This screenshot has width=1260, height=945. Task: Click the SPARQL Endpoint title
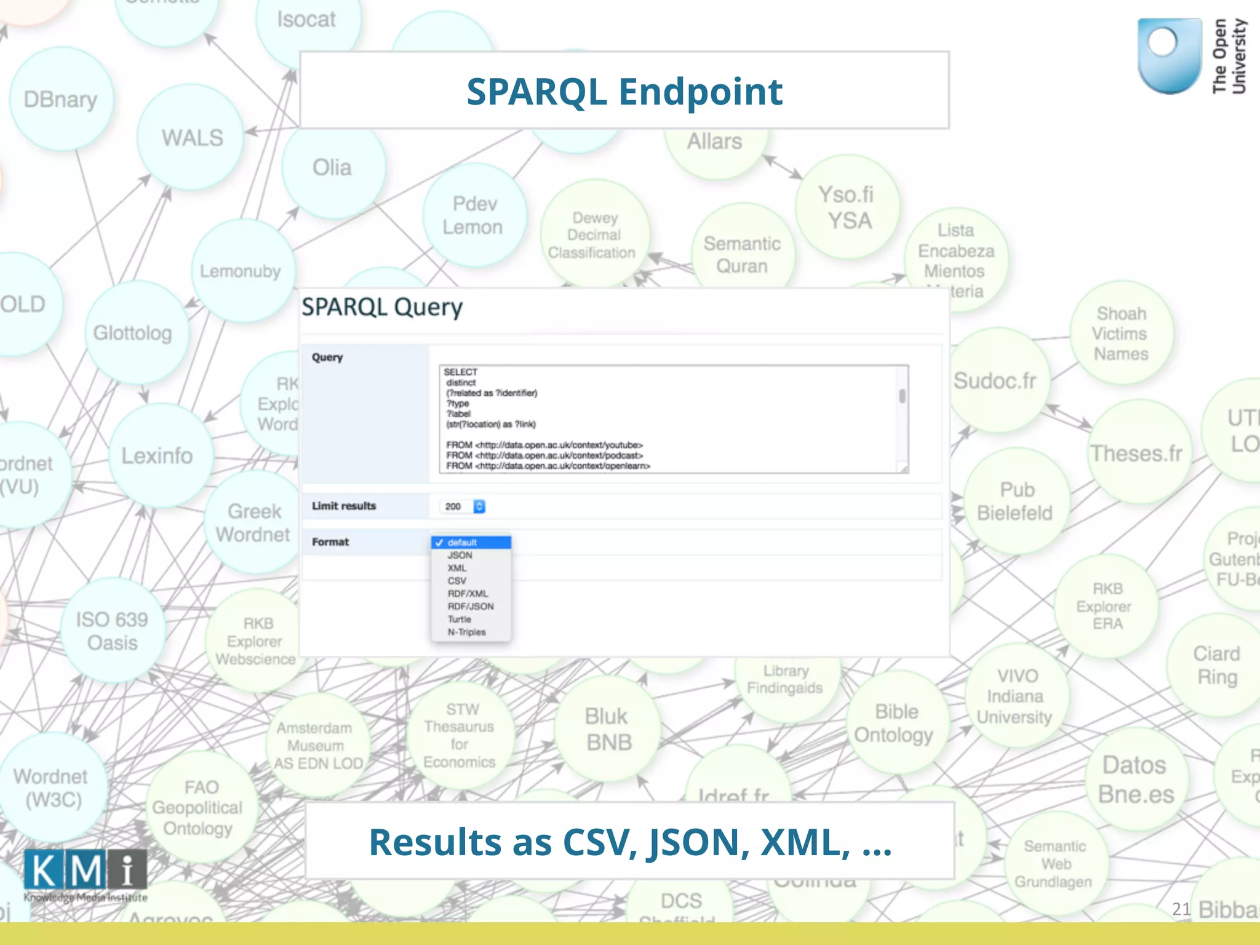tap(624, 91)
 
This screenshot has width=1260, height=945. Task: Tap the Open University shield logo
tap(1169, 55)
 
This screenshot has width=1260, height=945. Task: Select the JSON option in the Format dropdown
tap(460, 555)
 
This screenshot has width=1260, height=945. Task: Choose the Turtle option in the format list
tap(460, 619)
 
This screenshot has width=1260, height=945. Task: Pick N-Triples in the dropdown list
tap(466, 632)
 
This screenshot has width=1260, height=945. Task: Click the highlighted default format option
tap(471, 542)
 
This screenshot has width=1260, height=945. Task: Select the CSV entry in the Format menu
tap(457, 581)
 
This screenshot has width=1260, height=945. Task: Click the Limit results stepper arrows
tap(479, 506)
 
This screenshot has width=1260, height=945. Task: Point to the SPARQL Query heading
tap(382, 307)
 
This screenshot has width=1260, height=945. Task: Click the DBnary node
tap(61, 100)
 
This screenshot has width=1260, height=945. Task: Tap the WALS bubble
tap(191, 138)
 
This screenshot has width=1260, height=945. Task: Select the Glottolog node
tap(133, 333)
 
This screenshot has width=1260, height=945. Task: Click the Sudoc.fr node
tap(995, 381)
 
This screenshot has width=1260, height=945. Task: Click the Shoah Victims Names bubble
tap(1120, 333)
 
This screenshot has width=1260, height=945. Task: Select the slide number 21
tap(1181, 909)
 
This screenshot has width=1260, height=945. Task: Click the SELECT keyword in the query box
tap(460, 372)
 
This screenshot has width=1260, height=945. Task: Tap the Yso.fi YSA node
tap(847, 207)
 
